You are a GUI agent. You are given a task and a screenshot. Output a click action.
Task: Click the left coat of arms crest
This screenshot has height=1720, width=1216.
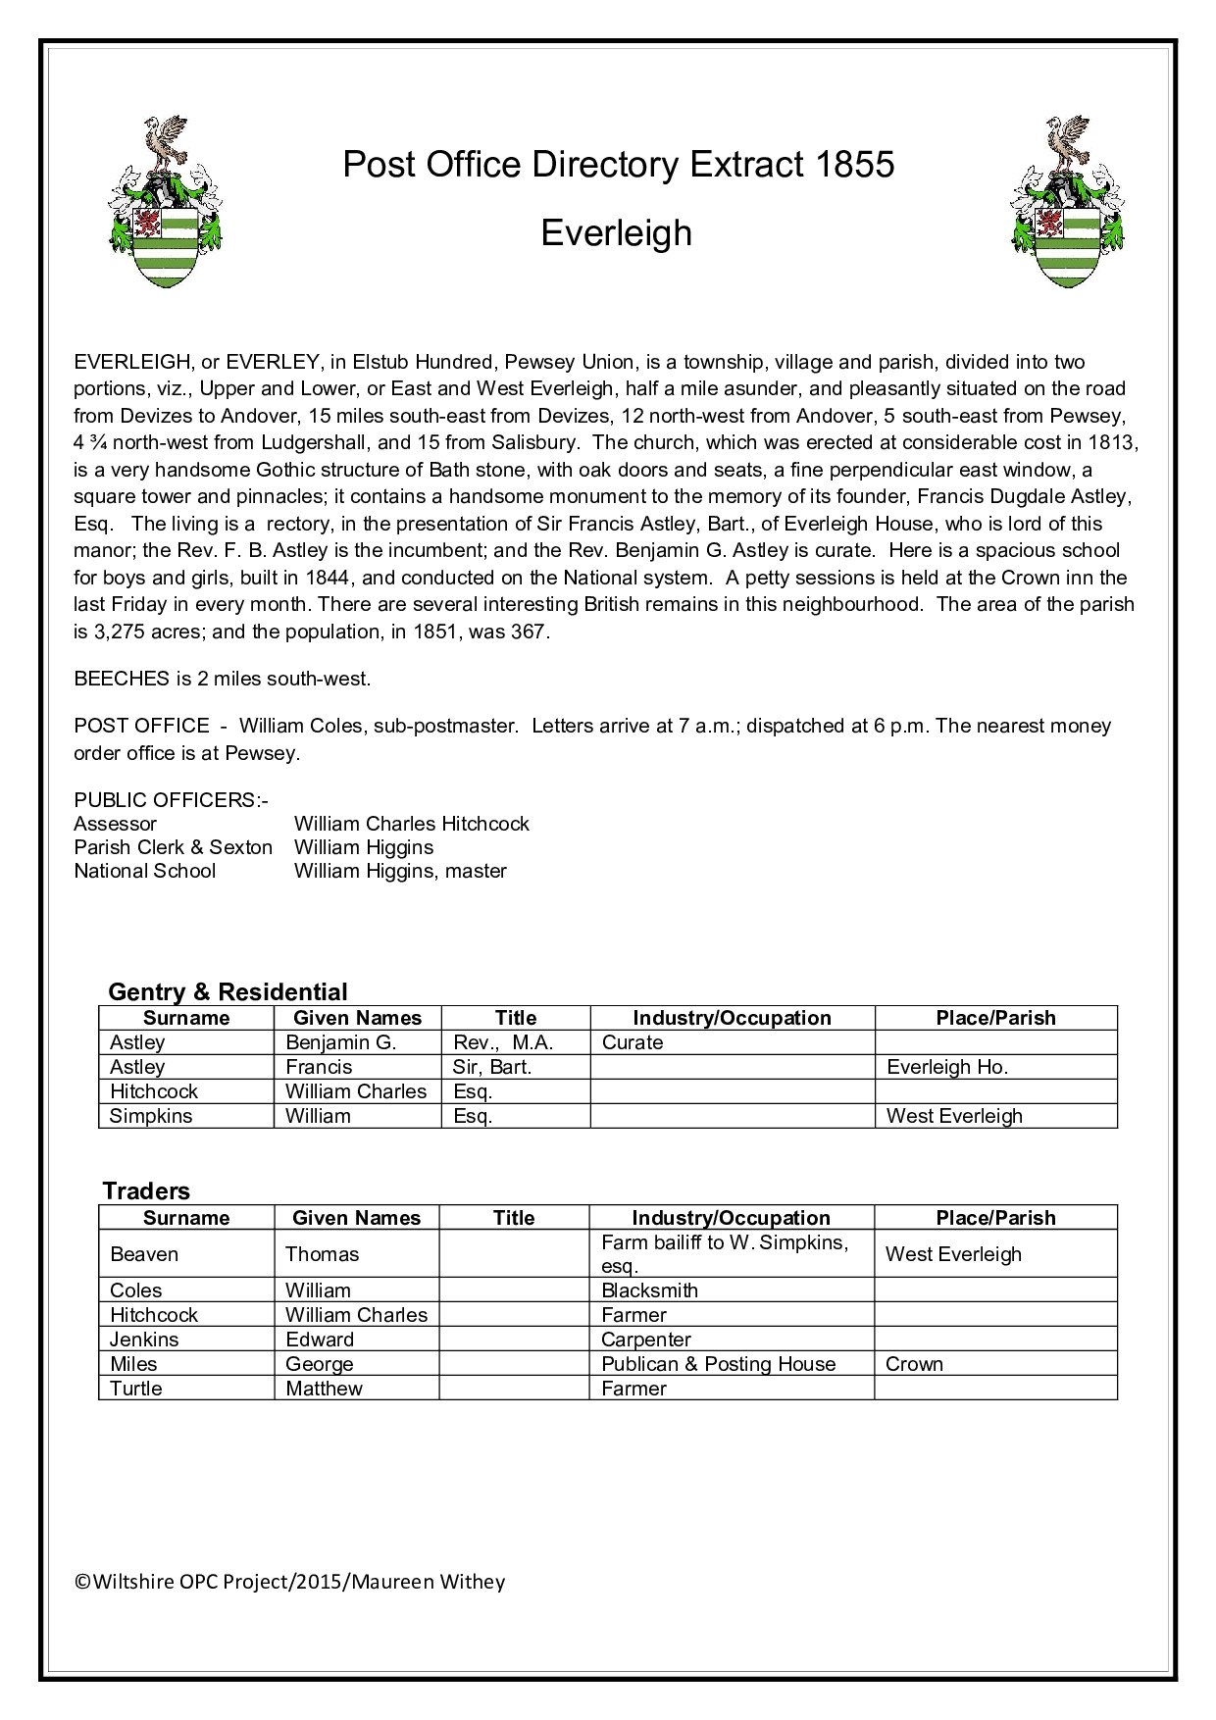point(164,203)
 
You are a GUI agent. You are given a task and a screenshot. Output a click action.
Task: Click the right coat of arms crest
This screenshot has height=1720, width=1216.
point(1068,203)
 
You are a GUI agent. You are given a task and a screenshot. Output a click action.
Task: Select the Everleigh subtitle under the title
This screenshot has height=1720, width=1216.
point(617,232)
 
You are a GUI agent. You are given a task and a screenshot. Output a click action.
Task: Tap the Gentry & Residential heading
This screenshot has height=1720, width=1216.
point(228,991)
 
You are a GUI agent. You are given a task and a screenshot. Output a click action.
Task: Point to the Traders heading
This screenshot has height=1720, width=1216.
point(146,1190)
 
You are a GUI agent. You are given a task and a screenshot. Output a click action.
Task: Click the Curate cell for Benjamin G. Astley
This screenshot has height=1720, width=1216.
point(633,1042)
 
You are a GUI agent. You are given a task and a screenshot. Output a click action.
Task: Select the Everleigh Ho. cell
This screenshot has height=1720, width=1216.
point(947,1067)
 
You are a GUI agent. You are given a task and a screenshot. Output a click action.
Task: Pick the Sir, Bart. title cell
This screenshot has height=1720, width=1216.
point(492,1067)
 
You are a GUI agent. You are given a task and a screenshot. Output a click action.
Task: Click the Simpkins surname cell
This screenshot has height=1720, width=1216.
point(151,1116)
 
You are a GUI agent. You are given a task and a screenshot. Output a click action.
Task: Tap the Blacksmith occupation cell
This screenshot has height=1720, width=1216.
point(649,1290)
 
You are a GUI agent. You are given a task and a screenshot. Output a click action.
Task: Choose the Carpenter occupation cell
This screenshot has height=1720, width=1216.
point(646,1340)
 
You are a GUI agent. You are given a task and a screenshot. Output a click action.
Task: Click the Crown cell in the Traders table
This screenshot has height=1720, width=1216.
point(914,1364)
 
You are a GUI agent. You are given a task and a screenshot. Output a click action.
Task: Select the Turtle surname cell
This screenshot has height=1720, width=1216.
point(136,1389)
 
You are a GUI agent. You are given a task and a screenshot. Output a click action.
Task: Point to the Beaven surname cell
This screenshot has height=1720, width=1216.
point(144,1254)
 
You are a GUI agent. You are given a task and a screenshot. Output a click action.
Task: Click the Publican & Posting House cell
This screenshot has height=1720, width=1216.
point(718,1364)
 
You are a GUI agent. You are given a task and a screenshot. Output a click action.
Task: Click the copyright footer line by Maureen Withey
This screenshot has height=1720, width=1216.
point(290,1582)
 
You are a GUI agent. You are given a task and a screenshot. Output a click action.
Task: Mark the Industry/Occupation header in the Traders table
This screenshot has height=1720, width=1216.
point(731,1218)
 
